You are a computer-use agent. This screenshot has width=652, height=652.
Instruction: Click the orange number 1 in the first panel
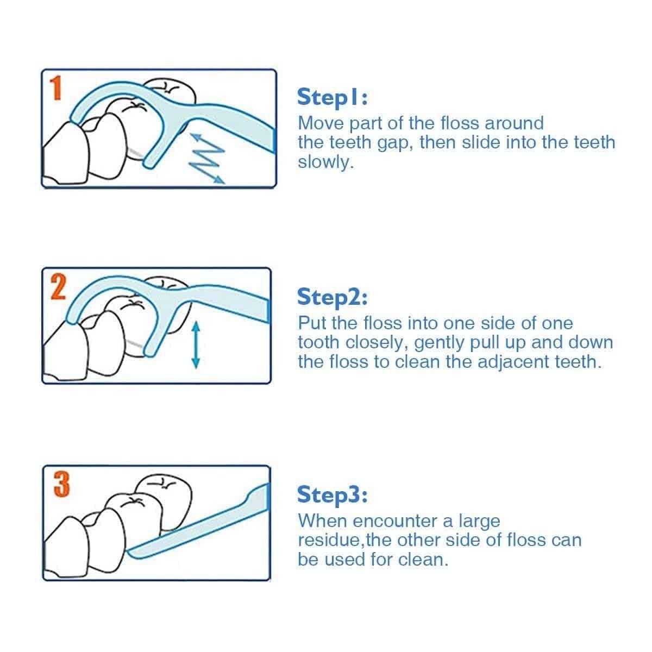57,88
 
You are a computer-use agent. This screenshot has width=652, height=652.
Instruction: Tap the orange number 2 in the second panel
58,287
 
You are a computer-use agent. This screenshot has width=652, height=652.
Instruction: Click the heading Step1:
333,97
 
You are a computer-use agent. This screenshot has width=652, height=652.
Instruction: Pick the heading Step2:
333,297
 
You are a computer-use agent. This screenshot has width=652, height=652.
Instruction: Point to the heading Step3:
333,494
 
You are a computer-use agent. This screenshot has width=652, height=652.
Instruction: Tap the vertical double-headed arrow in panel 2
196,345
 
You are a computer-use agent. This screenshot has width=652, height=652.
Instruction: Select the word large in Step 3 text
479,522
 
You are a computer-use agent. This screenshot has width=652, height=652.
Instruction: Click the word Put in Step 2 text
311,323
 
